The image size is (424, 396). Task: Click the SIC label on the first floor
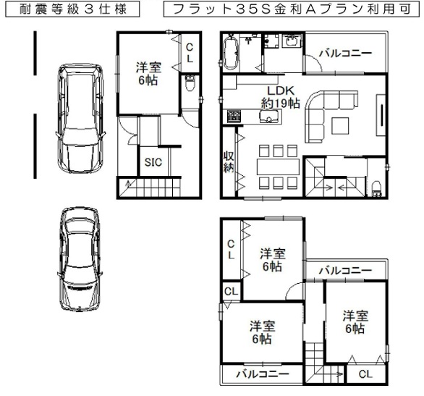coord(153,162)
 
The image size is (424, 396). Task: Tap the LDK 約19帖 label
coord(281,97)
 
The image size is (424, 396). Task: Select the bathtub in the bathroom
coord(231,52)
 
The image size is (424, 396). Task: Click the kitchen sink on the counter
coord(268,117)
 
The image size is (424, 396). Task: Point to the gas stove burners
coord(234,117)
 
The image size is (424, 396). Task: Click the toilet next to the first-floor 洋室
coord(190,84)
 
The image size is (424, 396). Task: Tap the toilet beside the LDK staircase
coord(376,189)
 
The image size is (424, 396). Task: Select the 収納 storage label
coord(229,161)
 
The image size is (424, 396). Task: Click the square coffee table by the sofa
coord(341,125)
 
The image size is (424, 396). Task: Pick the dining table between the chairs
coord(278,167)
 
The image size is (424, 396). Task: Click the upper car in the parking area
coord(81,119)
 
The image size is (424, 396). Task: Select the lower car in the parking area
coord(80,259)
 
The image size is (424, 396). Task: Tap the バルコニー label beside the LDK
coord(346,54)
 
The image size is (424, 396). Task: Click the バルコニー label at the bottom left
coord(263,374)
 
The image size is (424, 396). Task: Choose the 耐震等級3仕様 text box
coord(72,9)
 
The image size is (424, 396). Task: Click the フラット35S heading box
coord(292,9)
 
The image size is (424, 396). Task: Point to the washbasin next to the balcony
coord(292,41)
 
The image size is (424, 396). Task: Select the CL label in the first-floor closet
coord(190,52)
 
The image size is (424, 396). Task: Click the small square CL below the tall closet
coord(231,291)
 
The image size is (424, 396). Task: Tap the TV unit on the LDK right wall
coord(381,114)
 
